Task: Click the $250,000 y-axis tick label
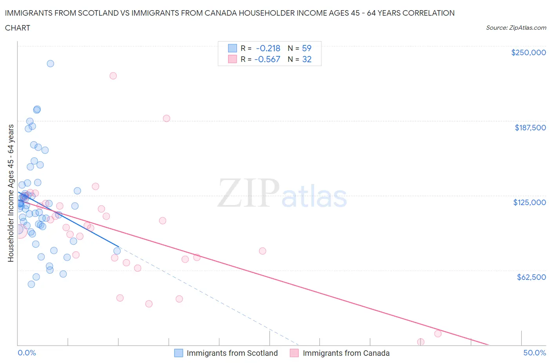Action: (x=528, y=53)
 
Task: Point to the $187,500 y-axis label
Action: (x=530, y=128)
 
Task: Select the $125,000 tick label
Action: (x=529, y=202)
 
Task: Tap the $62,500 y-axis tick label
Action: (x=531, y=277)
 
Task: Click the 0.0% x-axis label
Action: (x=27, y=353)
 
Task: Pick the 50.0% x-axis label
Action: (x=535, y=353)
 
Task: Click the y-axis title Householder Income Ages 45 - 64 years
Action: (x=11, y=193)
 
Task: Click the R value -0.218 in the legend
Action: (x=268, y=48)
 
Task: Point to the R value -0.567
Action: (x=267, y=59)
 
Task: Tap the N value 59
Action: (x=306, y=48)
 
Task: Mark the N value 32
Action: (x=306, y=59)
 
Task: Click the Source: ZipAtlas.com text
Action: (x=516, y=27)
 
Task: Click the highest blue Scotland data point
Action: (x=50, y=63)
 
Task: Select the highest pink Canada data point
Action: (x=113, y=76)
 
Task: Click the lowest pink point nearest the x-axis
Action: (x=420, y=342)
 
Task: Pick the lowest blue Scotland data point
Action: (x=31, y=284)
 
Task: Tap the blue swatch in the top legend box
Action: (x=232, y=48)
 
